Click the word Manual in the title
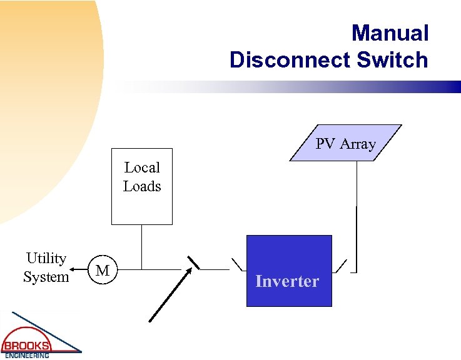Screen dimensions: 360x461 (390, 33)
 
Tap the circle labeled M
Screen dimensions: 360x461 (103, 270)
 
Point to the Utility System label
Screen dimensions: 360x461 (46, 267)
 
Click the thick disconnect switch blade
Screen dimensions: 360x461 (194, 262)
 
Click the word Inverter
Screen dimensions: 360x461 (287, 281)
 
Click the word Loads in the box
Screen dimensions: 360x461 (142, 186)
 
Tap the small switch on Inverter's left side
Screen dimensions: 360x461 (237, 264)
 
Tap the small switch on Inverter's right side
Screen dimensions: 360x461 (340, 265)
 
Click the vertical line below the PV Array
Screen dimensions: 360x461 (356, 206)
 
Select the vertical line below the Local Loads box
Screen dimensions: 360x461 (142, 247)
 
